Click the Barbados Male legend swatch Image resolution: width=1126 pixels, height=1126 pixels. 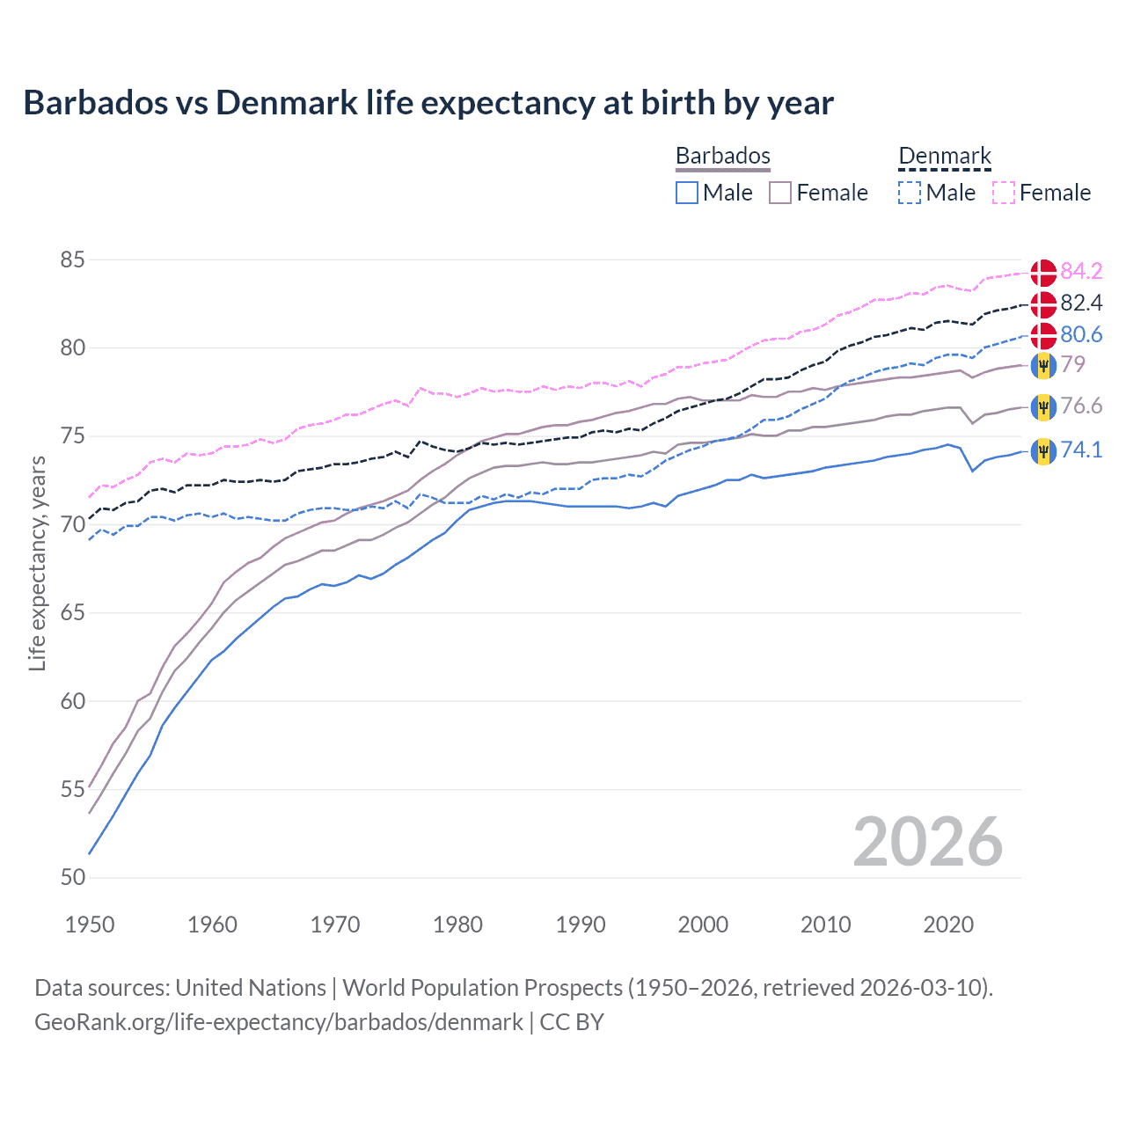[687, 193]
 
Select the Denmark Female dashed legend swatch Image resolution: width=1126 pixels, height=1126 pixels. [1004, 193]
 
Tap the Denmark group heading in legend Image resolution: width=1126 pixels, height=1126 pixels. [945, 157]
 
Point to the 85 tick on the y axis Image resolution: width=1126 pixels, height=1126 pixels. [73, 260]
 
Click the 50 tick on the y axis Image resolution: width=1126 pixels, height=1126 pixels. [73, 878]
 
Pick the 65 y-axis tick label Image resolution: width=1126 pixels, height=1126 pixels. [73, 613]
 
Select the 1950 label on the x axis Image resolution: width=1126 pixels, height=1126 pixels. [90, 925]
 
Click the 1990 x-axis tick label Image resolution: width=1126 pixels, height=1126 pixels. [581, 925]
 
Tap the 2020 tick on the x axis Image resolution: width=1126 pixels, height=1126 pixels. [948, 925]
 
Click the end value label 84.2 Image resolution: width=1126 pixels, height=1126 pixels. [1081, 271]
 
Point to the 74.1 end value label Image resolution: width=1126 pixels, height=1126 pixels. [1081, 450]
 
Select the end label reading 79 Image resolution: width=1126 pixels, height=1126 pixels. [1072, 364]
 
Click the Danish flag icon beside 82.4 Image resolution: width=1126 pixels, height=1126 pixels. [1043, 304]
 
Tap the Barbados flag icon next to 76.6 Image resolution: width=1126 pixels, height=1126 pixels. [1043, 407]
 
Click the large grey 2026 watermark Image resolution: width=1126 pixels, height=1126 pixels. [928, 842]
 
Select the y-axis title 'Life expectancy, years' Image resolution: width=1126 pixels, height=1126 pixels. [37, 563]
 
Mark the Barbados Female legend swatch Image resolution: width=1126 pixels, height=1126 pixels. [780, 193]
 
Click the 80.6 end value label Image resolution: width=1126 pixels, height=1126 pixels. [1081, 334]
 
